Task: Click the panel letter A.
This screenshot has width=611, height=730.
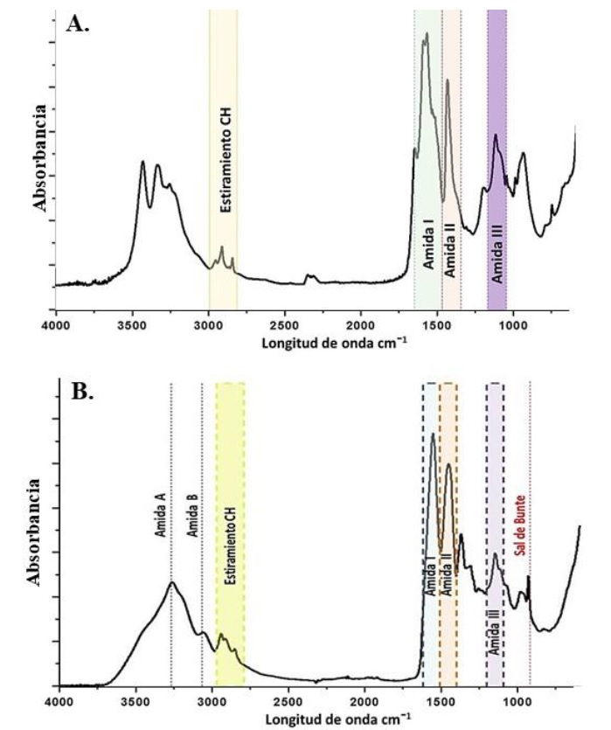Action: coord(78,24)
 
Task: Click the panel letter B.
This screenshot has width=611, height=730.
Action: coord(83,393)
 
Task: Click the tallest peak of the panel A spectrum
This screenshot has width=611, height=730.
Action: coord(426,35)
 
